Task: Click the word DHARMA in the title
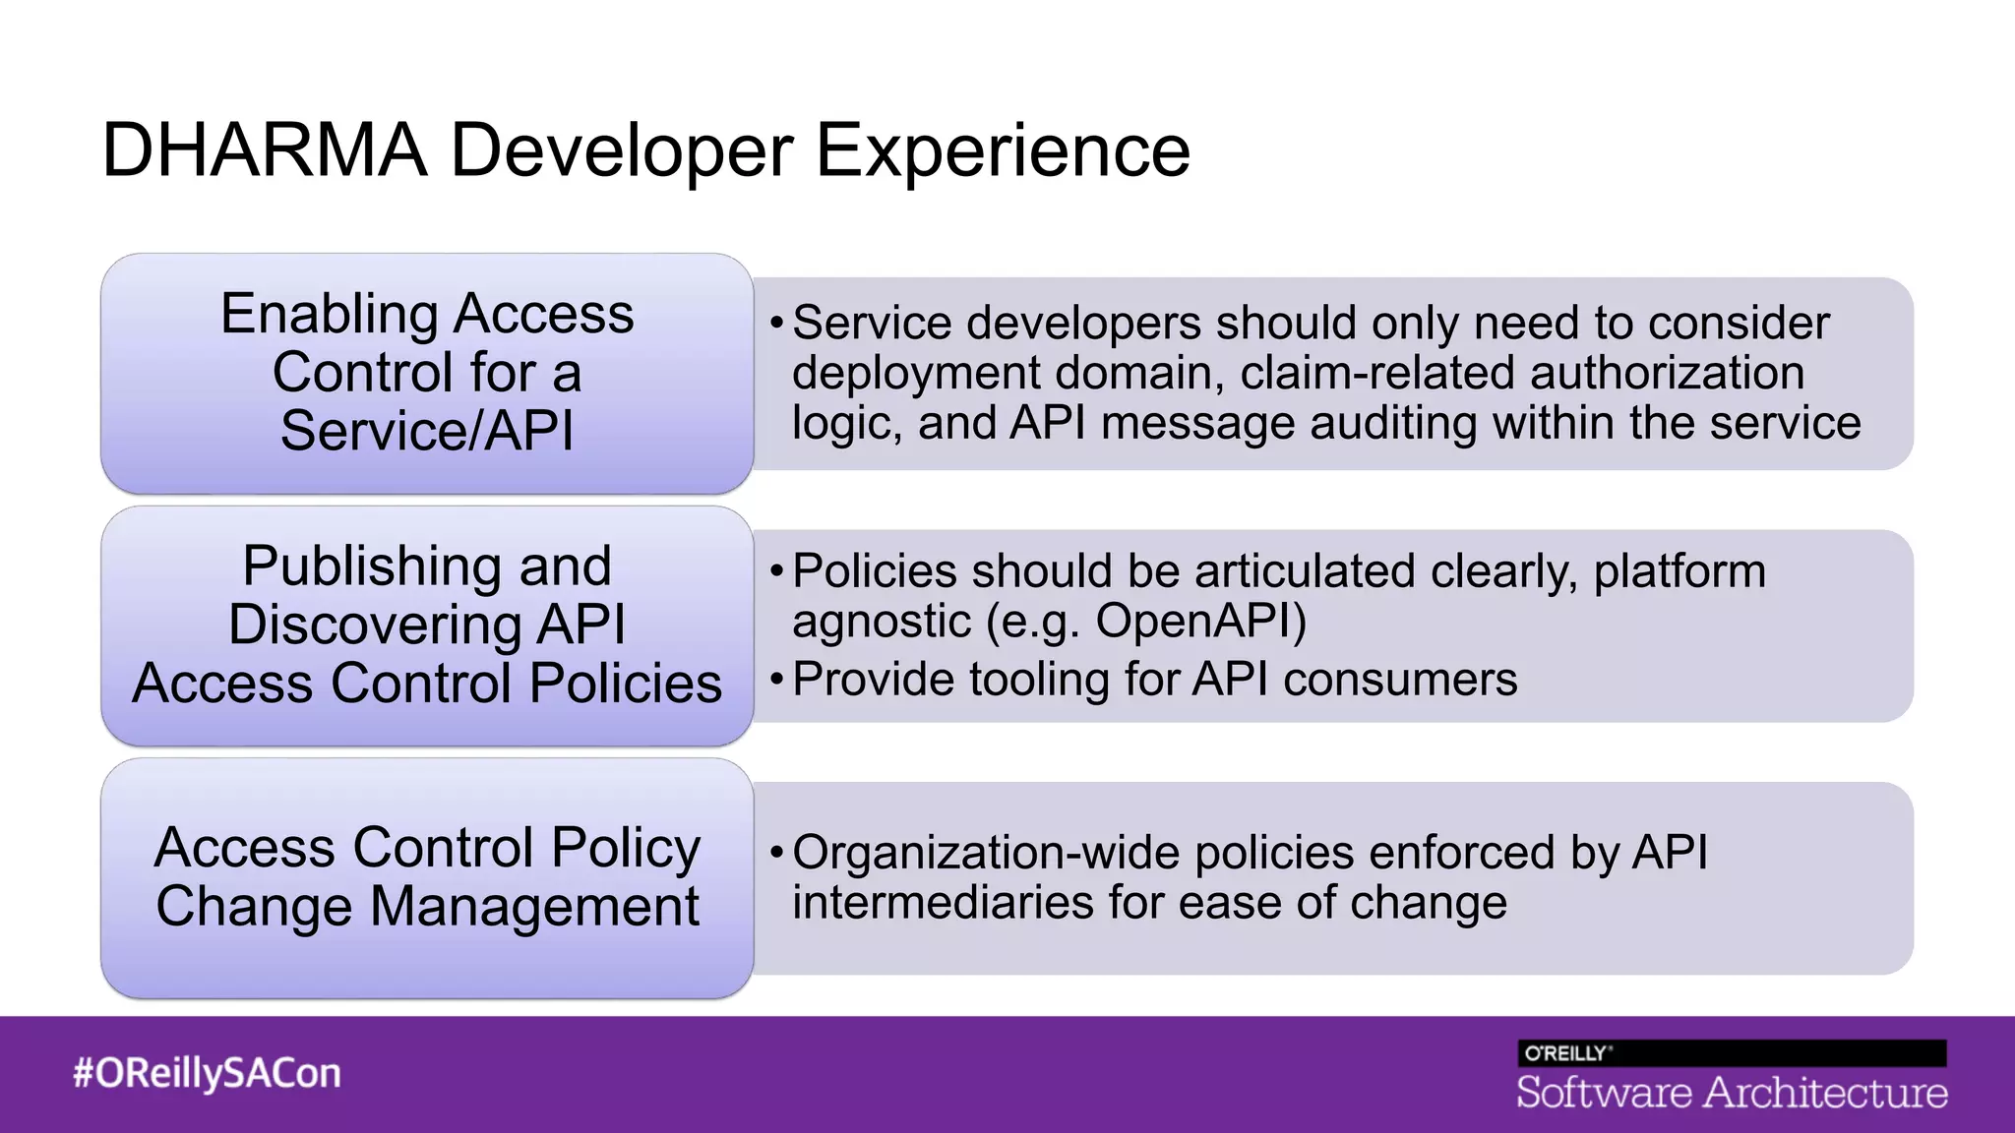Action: [x=265, y=150]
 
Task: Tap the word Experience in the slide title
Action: [x=1003, y=150]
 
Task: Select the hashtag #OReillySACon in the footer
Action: [x=207, y=1073]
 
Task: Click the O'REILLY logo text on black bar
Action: [x=1566, y=1053]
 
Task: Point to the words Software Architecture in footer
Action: [x=1732, y=1093]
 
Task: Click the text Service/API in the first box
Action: [x=426, y=431]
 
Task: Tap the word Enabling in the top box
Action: [x=329, y=315]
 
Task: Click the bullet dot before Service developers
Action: [x=776, y=323]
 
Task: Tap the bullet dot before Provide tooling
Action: [x=776, y=680]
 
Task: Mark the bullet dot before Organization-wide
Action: [x=776, y=852]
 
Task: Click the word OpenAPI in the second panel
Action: [x=1200, y=622]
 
